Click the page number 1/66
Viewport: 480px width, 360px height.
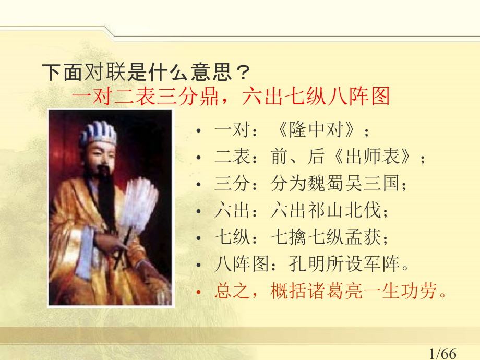(x=442, y=354)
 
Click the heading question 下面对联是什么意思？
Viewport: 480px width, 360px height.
(x=146, y=73)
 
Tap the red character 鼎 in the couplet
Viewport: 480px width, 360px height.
(x=209, y=96)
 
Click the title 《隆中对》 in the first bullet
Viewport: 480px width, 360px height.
(x=320, y=129)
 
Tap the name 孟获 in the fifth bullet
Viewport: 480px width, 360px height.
(x=363, y=237)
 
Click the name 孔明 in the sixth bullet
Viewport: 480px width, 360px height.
(x=307, y=264)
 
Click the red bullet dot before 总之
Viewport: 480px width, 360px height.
(x=198, y=292)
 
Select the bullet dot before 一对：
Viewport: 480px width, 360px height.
(x=198, y=131)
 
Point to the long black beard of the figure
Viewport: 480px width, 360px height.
(x=106, y=196)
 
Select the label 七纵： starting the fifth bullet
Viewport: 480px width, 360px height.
(x=236, y=237)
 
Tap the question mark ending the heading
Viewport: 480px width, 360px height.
(x=243, y=73)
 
